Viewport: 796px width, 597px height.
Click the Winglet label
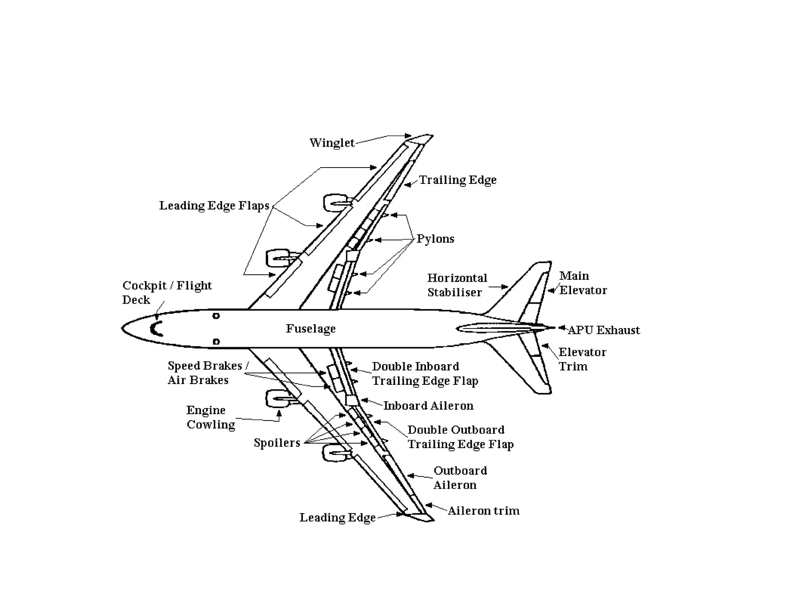[x=332, y=143]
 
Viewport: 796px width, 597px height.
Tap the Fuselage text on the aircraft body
[x=311, y=329]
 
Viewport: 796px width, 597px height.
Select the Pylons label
[x=435, y=239]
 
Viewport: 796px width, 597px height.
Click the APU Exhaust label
[x=604, y=330]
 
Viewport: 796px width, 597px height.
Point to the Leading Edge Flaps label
[x=214, y=206]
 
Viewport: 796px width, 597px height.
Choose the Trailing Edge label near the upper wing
[x=457, y=180]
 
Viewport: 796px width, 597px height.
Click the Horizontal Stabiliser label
[x=457, y=285]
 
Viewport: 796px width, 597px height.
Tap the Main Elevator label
[x=583, y=283]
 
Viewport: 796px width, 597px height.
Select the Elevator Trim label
[x=582, y=359]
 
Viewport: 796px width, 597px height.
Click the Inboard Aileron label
[x=428, y=406]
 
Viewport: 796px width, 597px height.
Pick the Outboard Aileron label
[x=460, y=478]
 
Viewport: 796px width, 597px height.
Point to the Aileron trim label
[x=483, y=511]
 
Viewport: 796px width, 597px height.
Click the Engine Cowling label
[x=211, y=417]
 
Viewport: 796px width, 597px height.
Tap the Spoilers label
[x=277, y=443]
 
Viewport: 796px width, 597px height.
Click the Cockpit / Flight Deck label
[x=167, y=292]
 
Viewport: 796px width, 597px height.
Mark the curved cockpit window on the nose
[x=156, y=329]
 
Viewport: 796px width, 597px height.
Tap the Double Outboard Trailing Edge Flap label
[x=460, y=437]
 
